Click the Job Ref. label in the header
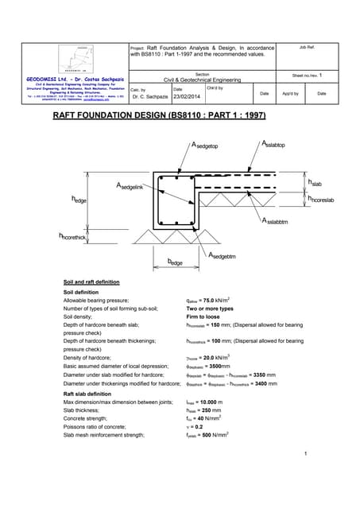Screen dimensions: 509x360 (x=308, y=48)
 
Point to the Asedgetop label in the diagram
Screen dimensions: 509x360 (x=209, y=146)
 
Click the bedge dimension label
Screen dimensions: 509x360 (x=176, y=261)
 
